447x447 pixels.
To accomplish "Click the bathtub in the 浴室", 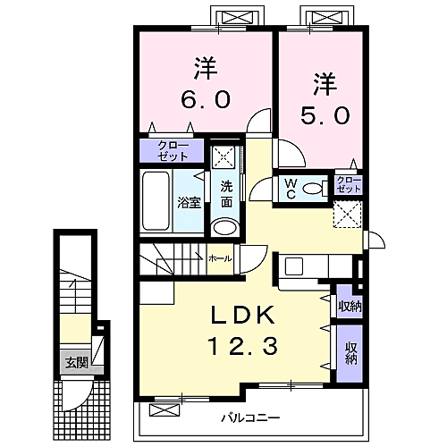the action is pos(156,201).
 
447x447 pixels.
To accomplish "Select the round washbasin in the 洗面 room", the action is pos(225,228).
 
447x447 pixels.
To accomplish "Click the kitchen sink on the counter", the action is pos(294,266).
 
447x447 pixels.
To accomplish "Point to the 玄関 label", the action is pos(77,363).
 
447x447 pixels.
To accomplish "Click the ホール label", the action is pos(220,258).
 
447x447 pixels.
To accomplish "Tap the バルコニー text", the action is pos(250,417).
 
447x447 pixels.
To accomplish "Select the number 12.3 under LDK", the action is pos(244,345).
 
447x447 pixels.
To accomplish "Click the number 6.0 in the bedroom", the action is pos(206,99).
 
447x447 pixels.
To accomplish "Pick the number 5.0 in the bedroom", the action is pos(325,115).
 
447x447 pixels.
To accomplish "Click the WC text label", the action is pos(291,189).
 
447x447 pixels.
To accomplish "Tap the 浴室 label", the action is pos(189,203).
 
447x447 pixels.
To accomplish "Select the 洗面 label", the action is pos(226,194).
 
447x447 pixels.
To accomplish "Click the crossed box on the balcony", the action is pos(164,410).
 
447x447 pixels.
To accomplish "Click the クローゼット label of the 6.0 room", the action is pos(173,151).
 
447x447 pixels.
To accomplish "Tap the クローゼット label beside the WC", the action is pos(349,184).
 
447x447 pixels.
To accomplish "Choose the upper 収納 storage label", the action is pos(350,306).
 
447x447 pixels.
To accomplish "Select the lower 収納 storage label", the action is pos(351,353).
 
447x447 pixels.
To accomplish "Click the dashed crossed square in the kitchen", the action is pos(348,215).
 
